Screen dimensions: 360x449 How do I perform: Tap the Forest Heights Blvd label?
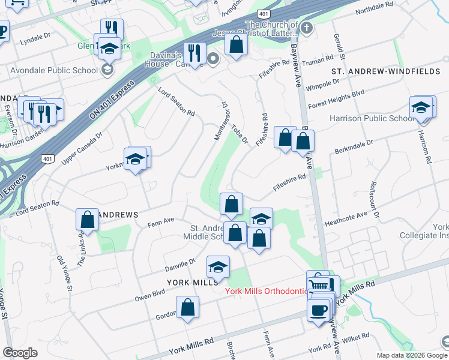point(336,99)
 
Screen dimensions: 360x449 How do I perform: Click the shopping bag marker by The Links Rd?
point(88,220)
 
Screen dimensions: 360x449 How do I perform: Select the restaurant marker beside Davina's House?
point(194,54)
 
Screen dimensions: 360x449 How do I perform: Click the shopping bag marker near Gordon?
point(188,308)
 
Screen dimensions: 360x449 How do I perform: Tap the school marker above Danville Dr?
point(218,267)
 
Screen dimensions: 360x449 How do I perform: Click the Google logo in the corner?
point(20,353)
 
